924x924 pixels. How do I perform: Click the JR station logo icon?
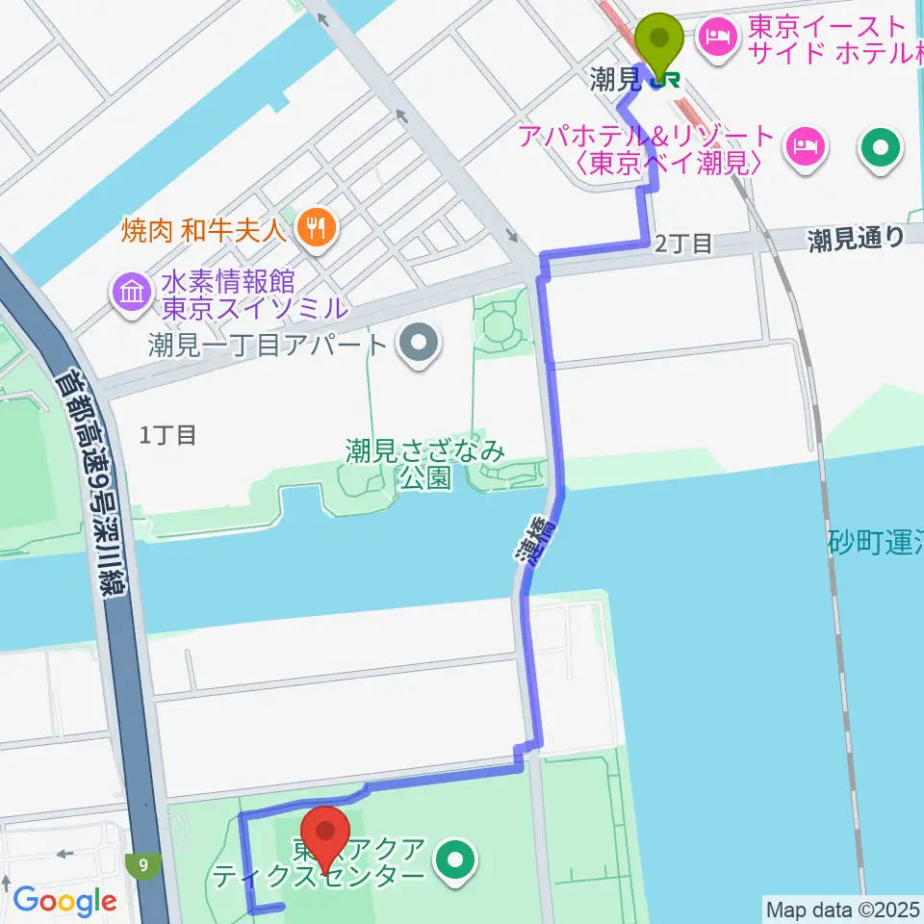[662, 82]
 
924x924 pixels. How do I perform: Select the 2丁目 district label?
[683, 244]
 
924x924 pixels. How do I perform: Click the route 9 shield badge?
[143, 864]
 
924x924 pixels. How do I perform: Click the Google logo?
[64, 902]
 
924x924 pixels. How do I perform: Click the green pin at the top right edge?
[880, 148]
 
